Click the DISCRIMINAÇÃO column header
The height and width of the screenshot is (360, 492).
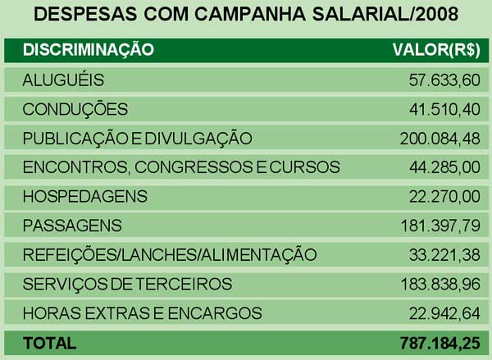click(x=88, y=49)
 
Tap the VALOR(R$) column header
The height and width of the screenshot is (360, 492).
click(x=436, y=49)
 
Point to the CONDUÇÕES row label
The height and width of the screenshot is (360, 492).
click(x=75, y=109)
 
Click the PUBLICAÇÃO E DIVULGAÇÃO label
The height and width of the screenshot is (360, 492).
click(x=137, y=138)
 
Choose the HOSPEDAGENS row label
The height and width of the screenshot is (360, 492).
click(x=84, y=196)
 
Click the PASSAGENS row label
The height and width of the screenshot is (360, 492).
click(x=72, y=225)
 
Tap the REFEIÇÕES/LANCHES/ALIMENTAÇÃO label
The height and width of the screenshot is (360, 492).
click(x=169, y=254)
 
